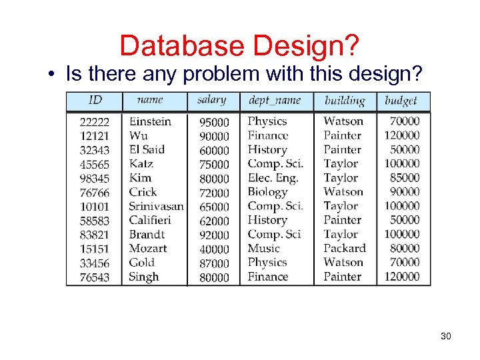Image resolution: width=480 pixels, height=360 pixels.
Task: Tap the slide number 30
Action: [x=446, y=336]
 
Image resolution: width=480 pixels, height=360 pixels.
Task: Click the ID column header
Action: [x=95, y=100]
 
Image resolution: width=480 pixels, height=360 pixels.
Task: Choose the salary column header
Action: [x=211, y=100]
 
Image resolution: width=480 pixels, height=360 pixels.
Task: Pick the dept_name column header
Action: [x=274, y=101]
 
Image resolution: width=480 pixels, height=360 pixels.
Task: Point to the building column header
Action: [x=344, y=101]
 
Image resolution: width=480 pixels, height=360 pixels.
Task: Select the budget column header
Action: [x=401, y=101]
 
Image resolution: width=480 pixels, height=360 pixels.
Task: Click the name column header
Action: [x=149, y=100]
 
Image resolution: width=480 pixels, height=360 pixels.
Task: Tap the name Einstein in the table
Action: [x=150, y=121]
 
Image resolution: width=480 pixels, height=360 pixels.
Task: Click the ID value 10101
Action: [x=95, y=206]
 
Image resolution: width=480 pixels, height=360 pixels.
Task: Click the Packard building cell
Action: [x=345, y=248]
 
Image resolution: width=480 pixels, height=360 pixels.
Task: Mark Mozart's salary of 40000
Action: [x=214, y=249]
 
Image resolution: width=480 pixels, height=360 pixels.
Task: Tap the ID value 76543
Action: [x=95, y=277]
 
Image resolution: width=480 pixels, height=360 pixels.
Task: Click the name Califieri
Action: [x=150, y=220]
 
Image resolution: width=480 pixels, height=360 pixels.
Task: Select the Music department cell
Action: [x=263, y=248]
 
